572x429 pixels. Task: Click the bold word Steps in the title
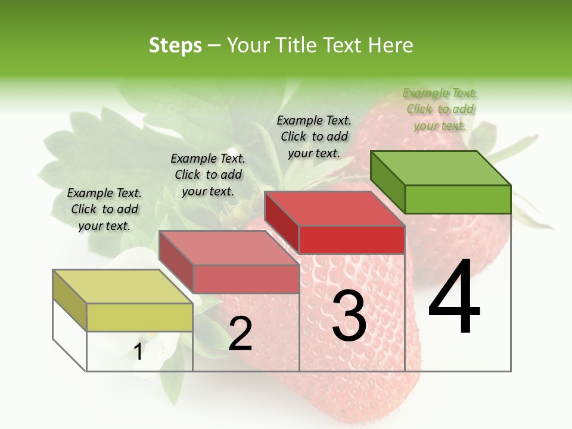click(175, 45)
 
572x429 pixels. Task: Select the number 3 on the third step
click(349, 316)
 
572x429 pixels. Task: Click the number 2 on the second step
click(240, 334)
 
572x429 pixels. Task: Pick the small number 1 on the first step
click(138, 352)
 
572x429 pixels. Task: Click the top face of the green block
click(441, 167)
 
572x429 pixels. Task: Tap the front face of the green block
click(458, 199)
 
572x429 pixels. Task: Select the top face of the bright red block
click(335, 209)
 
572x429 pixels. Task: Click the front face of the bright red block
click(352, 240)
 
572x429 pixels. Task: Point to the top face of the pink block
click(229, 248)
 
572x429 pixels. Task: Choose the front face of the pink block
click(245, 279)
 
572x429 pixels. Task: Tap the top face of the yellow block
click(123, 287)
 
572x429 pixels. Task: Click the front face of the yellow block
click(139, 317)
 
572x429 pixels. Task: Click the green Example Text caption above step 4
click(440, 109)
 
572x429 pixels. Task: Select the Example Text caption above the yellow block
click(104, 209)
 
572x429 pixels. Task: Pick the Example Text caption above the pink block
click(208, 175)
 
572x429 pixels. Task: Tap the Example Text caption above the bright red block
click(314, 136)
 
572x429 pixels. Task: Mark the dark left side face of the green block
click(387, 182)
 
